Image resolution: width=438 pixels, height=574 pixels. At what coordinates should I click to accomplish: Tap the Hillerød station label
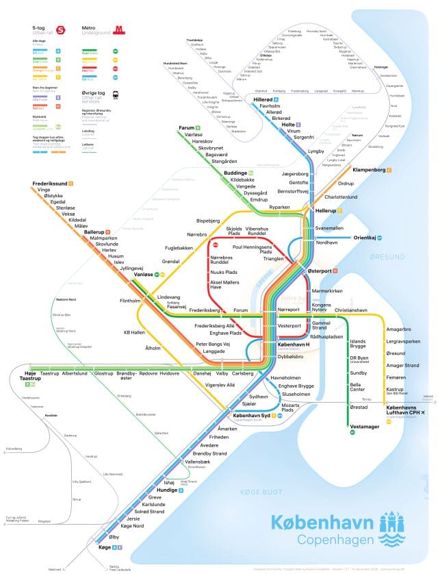click(x=263, y=100)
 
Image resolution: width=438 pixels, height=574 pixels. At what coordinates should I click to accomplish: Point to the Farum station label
click(x=187, y=128)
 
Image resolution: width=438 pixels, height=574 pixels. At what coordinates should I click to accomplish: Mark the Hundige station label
click(x=168, y=490)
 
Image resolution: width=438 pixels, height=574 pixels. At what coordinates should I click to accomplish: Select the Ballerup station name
click(x=93, y=232)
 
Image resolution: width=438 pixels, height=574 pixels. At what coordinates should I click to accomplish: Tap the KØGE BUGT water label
click(x=256, y=492)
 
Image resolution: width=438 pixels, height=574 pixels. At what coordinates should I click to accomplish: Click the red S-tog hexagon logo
click(x=61, y=30)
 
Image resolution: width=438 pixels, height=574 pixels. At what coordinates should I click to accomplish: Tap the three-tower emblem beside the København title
click(x=393, y=528)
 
